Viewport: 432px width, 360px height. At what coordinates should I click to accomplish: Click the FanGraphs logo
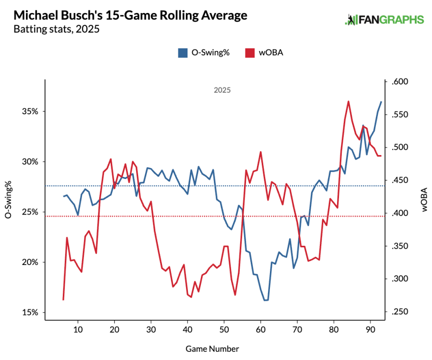coord(385,20)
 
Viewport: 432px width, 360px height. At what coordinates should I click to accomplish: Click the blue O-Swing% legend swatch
coord(183,53)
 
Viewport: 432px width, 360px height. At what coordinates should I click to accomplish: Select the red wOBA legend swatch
coord(249,53)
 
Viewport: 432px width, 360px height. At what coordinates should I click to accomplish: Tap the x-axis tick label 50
coord(224,330)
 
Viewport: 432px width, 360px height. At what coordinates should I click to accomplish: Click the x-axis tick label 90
coord(370,330)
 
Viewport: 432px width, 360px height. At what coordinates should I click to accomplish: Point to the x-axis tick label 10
coord(78,330)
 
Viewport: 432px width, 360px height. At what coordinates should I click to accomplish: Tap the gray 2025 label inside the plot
coord(222,90)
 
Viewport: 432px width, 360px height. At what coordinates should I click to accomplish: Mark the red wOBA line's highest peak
coord(348,101)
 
